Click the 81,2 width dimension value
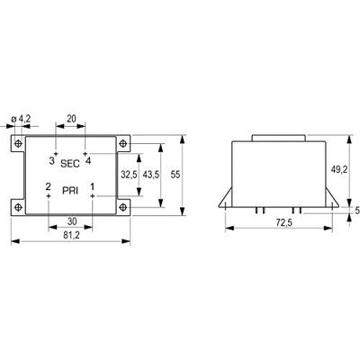click(x=71, y=236)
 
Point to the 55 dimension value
click(x=175, y=175)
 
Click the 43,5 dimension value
click(x=151, y=175)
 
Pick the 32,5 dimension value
click(x=129, y=175)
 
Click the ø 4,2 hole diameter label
click(x=21, y=119)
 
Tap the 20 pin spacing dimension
click(x=71, y=119)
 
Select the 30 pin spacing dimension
click(x=72, y=221)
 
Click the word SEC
click(x=70, y=164)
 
